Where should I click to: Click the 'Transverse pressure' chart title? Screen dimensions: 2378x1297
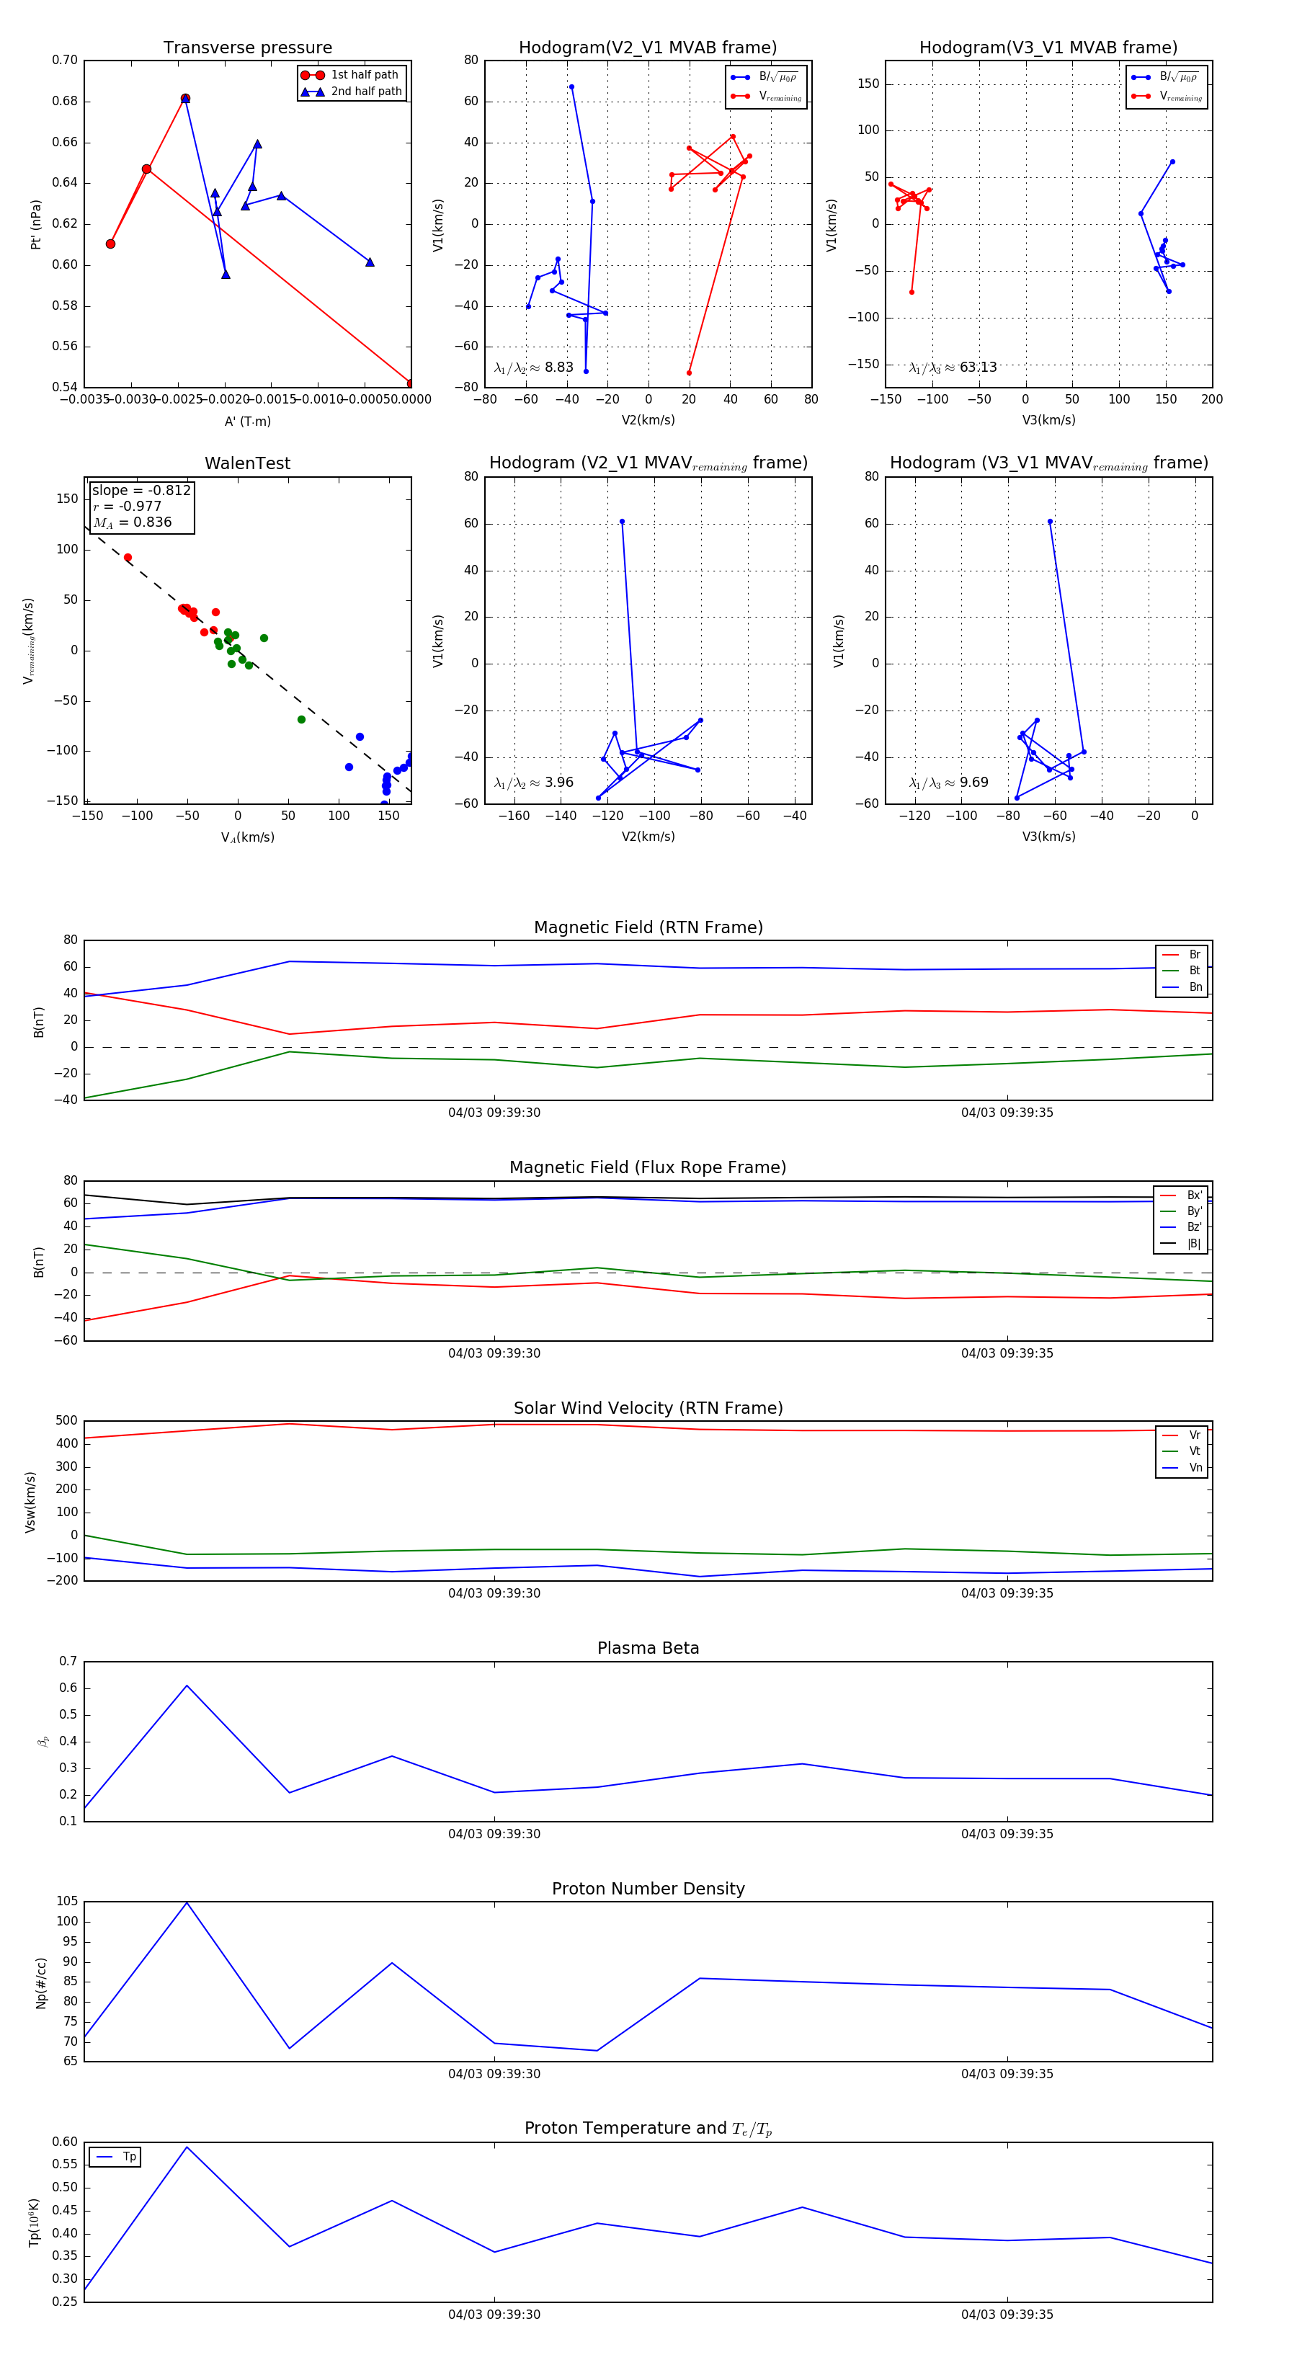click(247, 48)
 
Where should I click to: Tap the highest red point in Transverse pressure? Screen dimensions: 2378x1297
click(186, 99)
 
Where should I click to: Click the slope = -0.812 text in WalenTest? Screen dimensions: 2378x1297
click(141, 490)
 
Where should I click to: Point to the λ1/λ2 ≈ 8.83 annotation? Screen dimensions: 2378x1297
click(533, 368)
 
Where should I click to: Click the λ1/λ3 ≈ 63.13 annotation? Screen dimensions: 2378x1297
click(953, 368)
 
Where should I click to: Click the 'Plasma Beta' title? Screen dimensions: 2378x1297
click(648, 1648)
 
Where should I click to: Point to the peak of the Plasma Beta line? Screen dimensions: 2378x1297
click(187, 1685)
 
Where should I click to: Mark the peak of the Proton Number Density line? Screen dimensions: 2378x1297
click(187, 1902)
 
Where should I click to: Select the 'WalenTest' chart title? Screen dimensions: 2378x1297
click(247, 463)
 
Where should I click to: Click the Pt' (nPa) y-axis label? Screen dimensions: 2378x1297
click(36, 224)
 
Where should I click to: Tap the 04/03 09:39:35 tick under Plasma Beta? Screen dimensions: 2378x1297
click(1007, 1833)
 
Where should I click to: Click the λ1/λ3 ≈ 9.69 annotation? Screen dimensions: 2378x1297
click(948, 783)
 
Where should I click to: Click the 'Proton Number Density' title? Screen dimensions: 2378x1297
click(648, 1889)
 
